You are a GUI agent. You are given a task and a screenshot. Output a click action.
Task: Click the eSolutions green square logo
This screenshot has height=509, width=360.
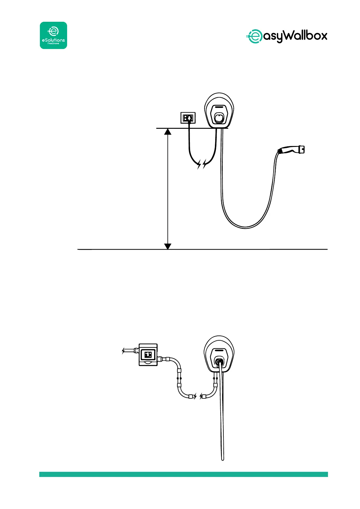click(54, 35)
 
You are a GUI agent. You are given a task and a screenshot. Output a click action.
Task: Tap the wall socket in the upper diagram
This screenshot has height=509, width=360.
click(188, 118)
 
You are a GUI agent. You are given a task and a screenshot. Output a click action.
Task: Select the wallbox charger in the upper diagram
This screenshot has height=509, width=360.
click(220, 111)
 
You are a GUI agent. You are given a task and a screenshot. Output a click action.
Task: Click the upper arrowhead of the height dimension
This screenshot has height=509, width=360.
click(168, 131)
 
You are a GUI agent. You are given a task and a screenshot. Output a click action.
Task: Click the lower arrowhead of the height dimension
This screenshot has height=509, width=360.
click(168, 246)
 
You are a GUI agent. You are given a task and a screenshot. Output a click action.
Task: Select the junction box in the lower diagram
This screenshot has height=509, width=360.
click(148, 355)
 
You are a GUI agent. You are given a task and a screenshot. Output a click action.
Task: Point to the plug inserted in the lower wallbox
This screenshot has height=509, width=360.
click(219, 361)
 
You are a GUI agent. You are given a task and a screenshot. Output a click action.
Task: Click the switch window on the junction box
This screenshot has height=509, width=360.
click(148, 355)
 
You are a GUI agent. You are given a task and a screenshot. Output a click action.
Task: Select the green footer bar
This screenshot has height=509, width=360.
click(183, 474)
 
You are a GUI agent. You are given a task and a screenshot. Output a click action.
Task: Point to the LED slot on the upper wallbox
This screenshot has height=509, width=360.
click(220, 107)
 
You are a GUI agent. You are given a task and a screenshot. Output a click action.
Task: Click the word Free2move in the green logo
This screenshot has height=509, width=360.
click(53, 43)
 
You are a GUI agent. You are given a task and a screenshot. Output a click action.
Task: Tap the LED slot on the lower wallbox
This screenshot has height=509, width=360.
click(220, 351)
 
